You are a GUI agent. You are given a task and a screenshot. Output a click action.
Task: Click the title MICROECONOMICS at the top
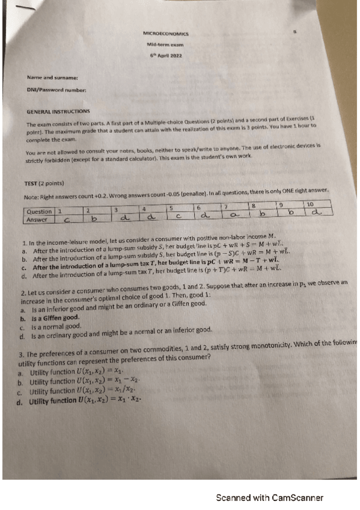166,34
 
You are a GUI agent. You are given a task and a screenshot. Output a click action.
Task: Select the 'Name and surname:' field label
53,78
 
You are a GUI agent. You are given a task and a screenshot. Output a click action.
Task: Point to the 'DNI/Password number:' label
56,90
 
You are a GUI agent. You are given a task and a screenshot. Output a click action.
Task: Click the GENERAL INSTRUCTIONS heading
58,111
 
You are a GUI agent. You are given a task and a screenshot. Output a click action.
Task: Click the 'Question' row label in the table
40,212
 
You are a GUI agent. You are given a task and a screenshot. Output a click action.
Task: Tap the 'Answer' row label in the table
38,220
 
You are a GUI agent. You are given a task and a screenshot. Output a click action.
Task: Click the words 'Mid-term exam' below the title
165,45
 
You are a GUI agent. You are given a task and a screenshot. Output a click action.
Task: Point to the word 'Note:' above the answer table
31,196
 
